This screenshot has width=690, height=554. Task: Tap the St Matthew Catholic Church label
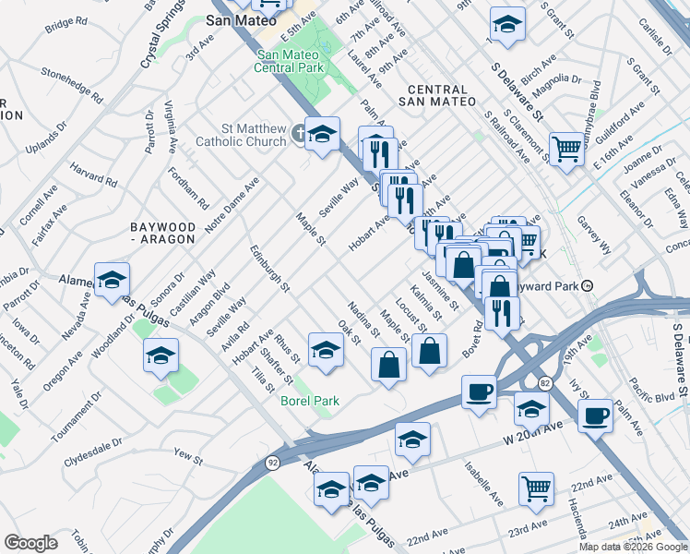click(x=241, y=135)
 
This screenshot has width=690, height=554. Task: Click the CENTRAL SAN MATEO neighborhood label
click(x=439, y=95)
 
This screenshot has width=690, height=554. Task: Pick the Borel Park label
click(x=310, y=401)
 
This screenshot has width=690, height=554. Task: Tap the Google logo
click(x=30, y=543)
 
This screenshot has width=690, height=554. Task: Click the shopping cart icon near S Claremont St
click(x=565, y=148)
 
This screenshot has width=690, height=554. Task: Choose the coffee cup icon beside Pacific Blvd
click(x=596, y=415)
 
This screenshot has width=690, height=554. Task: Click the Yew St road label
click(x=187, y=456)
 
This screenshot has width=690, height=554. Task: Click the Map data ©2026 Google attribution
click(x=632, y=547)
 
